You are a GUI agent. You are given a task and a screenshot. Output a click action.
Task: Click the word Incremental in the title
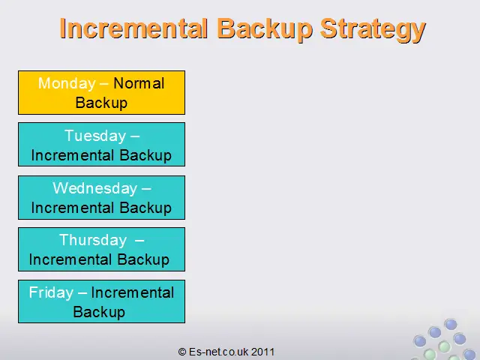(x=133, y=28)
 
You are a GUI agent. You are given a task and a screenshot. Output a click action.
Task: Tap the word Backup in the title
(x=265, y=28)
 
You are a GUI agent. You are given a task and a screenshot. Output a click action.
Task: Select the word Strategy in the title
(x=373, y=30)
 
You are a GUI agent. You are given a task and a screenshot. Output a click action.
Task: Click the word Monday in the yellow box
(x=67, y=83)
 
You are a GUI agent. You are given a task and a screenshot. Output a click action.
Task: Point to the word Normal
(x=139, y=83)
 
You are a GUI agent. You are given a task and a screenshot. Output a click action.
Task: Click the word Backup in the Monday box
(x=101, y=103)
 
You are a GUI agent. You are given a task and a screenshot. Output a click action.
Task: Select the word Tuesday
(x=95, y=136)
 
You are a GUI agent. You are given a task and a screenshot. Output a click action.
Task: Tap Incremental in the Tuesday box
(x=73, y=155)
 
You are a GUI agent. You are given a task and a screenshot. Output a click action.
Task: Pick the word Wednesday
(x=95, y=188)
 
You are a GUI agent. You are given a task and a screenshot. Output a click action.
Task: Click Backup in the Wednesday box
(x=145, y=208)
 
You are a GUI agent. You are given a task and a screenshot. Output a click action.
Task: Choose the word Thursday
(x=93, y=240)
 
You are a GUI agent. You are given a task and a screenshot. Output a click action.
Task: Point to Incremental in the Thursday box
(x=70, y=259)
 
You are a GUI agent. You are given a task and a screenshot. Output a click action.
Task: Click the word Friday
(x=51, y=292)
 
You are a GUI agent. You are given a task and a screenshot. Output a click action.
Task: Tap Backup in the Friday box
(x=99, y=312)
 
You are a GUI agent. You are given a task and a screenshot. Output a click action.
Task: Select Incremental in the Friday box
(x=133, y=292)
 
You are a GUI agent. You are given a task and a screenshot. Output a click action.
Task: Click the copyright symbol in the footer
(x=182, y=352)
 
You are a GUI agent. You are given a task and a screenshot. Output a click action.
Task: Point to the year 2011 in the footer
(x=262, y=352)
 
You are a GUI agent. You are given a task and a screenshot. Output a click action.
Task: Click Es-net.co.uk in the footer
(x=218, y=352)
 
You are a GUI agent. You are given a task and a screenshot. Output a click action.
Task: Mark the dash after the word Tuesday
(x=135, y=136)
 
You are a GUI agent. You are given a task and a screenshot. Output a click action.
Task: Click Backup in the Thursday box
(x=143, y=259)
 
